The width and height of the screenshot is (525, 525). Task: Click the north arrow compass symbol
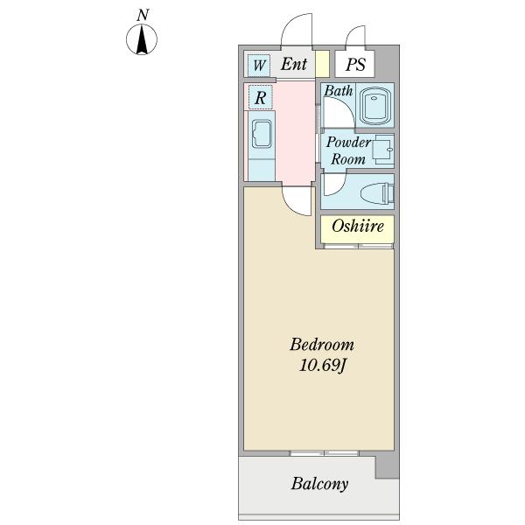point(143,40)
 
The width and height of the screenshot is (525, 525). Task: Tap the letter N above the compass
point(143,15)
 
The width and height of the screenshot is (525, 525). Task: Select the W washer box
point(259,65)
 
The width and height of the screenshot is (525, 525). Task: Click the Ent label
point(294,64)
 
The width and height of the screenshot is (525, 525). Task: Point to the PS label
point(354,64)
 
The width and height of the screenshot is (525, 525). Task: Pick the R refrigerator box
point(260,98)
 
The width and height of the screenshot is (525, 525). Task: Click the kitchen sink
point(262,136)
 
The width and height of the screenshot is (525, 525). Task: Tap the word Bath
point(339,91)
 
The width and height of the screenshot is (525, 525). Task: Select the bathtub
point(374,107)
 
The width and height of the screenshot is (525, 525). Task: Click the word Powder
point(348,143)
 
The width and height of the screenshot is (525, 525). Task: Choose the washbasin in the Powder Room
point(382,151)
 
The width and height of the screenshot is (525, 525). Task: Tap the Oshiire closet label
point(358,227)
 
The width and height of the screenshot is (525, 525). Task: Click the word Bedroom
point(321,344)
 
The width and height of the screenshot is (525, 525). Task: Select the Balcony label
point(319,484)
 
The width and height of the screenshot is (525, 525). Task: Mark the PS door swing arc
point(355,37)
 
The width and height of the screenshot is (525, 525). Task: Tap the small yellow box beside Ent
point(321,65)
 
